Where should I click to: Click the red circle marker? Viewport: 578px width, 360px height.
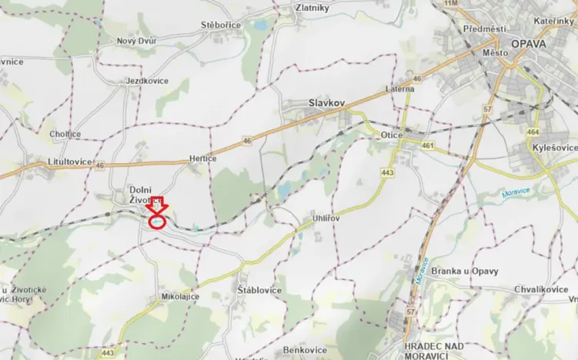[x=157, y=222]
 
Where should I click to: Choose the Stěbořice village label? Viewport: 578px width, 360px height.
[x=221, y=25]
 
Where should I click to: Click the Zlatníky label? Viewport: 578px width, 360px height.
[x=312, y=8]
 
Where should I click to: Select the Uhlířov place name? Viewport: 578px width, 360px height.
[x=326, y=218]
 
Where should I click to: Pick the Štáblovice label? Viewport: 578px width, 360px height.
[x=259, y=290]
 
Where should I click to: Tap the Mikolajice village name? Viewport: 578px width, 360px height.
[x=179, y=296]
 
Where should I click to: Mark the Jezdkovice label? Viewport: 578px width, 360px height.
[x=147, y=80]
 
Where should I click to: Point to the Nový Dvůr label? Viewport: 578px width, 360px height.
[x=137, y=41]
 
